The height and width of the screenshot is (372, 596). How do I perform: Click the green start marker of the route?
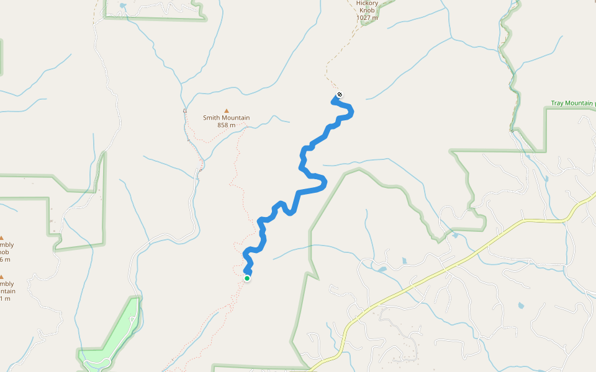247,278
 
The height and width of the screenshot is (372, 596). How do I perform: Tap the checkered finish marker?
339,95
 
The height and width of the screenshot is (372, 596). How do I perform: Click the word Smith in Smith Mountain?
213,118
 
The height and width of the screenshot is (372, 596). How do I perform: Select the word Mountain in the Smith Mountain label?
237,118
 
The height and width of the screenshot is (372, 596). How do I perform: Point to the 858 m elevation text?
226,125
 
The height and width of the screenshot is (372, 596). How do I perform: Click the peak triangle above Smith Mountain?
226,110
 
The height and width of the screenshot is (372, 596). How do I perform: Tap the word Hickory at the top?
367,3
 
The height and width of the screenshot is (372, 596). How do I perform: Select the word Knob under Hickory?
367,11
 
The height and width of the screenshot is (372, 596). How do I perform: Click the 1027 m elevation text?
367,18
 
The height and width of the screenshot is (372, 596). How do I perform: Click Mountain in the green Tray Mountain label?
580,103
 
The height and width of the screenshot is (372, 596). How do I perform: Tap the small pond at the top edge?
122,6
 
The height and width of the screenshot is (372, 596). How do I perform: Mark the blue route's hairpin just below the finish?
350,112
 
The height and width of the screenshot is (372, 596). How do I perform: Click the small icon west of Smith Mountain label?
185,110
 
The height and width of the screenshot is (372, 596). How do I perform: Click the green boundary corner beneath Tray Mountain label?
545,150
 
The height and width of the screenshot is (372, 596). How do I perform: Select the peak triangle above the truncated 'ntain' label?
1,277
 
